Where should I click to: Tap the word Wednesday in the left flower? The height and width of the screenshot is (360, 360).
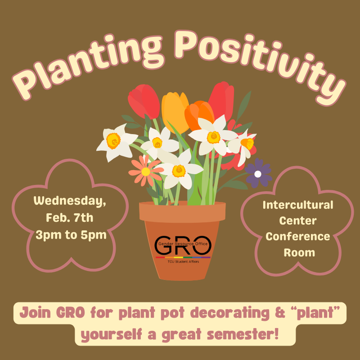(70, 201)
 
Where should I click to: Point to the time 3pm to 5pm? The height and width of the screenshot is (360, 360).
(70, 234)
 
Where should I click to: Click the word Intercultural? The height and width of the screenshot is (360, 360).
(297, 206)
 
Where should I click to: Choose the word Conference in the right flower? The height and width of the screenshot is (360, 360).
(297, 236)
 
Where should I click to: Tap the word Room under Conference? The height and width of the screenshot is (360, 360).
(297, 252)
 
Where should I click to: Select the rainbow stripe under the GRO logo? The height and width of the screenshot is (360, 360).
(183, 257)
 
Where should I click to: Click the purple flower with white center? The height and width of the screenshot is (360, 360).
(258, 173)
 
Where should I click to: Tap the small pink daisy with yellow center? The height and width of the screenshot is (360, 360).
(146, 171)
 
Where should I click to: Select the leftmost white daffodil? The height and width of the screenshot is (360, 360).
(114, 142)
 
